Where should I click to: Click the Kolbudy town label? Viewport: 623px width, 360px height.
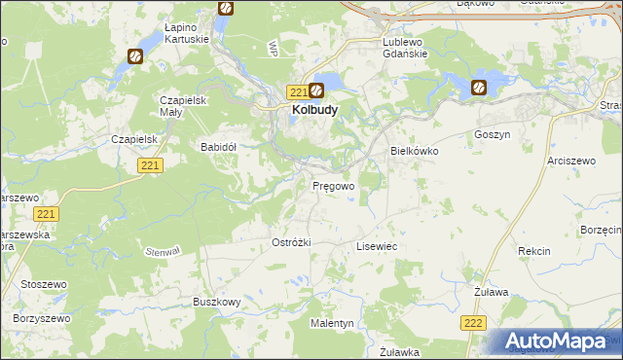pyautogui.click(x=314, y=110)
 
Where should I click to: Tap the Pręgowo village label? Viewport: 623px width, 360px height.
pyautogui.click(x=332, y=185)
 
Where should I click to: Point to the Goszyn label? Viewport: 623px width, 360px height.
pyautogui.click(x=492, y=135)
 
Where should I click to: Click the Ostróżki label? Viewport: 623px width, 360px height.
pyautogui.click(x=291, y=242)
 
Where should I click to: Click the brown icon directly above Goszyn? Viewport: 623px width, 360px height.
pyautogui.click(x=479, y=88)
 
